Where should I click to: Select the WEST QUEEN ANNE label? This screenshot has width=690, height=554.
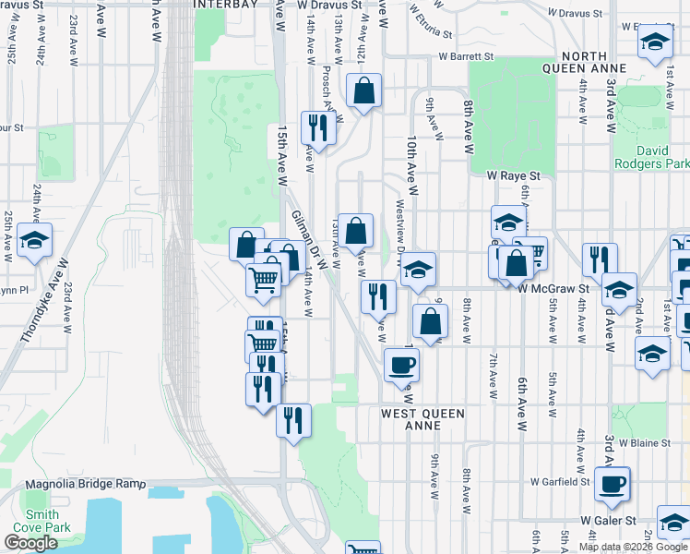click(x=422, y=420)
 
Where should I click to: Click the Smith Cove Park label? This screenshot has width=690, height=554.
click(x=42, y=521)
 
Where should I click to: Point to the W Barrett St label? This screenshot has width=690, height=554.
click(x=466, y=56)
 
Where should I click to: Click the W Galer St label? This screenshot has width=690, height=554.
click(x=609, y=521)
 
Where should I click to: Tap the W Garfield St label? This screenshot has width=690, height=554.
click(x=560, y=481)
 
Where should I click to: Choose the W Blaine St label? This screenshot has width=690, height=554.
click(x=645, y=442)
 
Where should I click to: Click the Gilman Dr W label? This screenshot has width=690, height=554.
click(x=309, y=239)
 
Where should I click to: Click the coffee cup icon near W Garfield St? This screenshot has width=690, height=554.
click(x=613, y=484)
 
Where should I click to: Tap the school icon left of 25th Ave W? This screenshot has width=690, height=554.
click(x=35, y=242)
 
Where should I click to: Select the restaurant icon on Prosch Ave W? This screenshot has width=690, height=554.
click(x=318, y=127)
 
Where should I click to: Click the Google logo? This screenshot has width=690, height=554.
click(x=30, y=543)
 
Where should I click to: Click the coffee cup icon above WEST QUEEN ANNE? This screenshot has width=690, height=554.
click(x=401, y=364)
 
